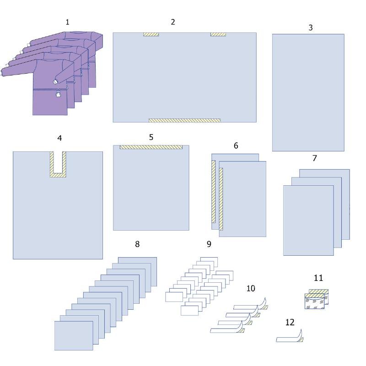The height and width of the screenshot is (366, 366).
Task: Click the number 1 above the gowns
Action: [67, 22]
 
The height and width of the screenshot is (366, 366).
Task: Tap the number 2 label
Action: [173, 22]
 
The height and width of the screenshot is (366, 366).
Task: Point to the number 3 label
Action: [311, 27]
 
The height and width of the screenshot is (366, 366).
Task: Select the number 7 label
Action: [315, 158]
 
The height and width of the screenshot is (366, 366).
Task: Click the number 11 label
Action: [318, 278]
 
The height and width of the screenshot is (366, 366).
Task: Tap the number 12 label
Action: [290, 323]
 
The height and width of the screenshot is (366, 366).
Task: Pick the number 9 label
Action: [209, 244]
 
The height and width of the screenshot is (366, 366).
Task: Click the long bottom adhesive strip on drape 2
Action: [184, 120]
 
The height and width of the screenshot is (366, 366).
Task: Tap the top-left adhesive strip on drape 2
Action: [151, 35]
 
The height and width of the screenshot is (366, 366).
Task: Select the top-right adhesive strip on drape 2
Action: [218, 35]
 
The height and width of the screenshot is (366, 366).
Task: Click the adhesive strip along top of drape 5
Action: [151, 147]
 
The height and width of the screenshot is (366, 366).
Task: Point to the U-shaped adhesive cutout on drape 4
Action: [58, 164]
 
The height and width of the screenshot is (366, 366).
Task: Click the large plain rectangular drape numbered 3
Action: [308, 93]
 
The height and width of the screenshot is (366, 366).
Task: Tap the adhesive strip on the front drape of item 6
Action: [221, 199]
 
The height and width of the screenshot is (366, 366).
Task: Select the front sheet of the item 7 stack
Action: [308, 221]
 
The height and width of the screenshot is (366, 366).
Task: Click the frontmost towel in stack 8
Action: [74, 336]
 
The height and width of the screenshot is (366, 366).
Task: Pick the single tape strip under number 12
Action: [290, 337]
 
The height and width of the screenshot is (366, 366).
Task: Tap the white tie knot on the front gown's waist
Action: [58, 94]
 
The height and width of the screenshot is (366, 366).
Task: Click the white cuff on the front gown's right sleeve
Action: [55, 82]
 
